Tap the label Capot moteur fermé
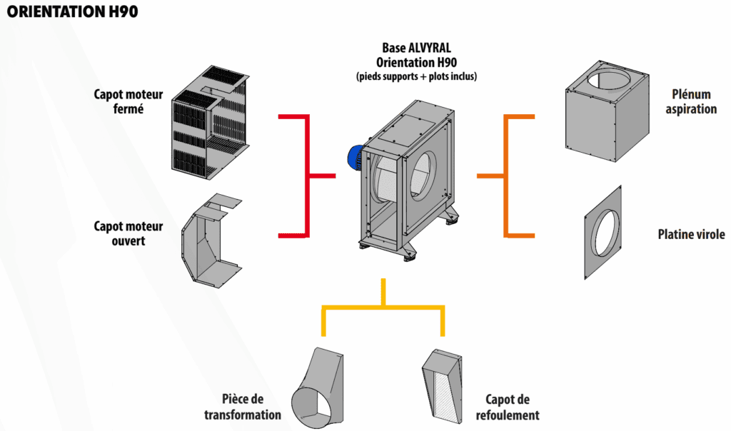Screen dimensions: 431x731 click(x=128, y=102)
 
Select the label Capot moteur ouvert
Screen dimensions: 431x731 click(x=128, y=233)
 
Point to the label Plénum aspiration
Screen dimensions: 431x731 click(x=694, y=102)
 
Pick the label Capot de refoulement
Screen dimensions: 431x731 click(x=512, y=407)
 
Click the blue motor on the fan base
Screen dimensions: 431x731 click(x=355, y=157)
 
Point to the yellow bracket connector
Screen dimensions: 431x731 click(x=383, y=307)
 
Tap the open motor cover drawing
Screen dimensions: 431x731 click(x=211, y=239)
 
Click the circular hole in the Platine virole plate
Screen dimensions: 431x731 click(x=608, y=233)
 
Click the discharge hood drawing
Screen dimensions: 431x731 click(x=443, y=389)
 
